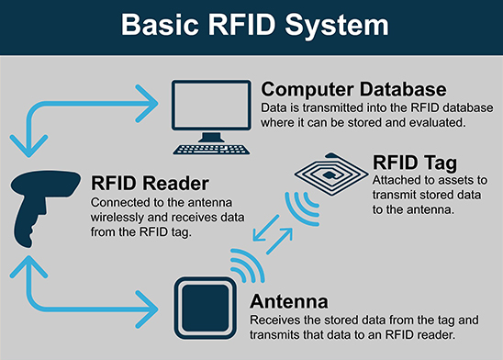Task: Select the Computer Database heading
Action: (353, 90)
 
